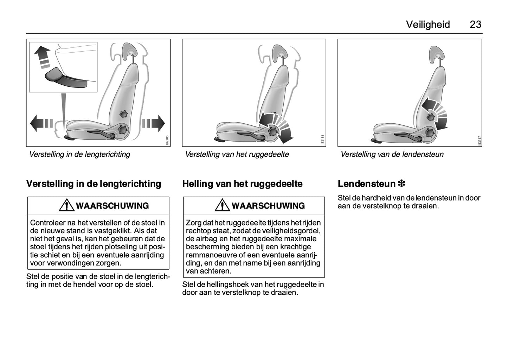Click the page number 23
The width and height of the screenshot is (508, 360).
(x=475, y=25)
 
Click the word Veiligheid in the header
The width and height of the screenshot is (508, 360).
(x=428, y=25)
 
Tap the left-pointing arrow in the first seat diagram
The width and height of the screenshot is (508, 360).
(x=41, y=123)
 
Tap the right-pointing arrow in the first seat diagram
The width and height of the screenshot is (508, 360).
(x=154, y=123)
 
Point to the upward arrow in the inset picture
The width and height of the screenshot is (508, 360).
(x=43, y=57)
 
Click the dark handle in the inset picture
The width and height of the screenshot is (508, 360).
(x=66, y=78)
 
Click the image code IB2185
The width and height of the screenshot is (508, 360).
(x=167, y=140)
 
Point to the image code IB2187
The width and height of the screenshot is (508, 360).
(x=479, y=141)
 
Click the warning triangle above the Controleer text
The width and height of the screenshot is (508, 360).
(x=66, y=205)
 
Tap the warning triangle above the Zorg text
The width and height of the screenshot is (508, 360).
(x=222, y=205)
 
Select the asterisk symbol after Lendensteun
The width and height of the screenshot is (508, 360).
(x=401, y=183)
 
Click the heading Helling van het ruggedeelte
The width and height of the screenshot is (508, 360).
(x=242, y=184)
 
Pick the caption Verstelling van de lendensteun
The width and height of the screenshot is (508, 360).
(x=392, y=154)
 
